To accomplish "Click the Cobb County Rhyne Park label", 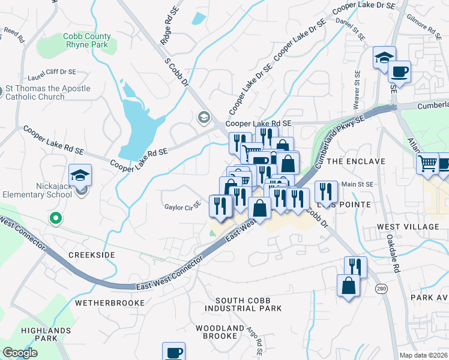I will pyautogui.click(x=87, y=41).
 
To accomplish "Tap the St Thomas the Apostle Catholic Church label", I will pyautogui.click(x=48, y=93).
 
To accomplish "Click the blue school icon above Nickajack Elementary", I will pyautogui.click(x=80, y=175).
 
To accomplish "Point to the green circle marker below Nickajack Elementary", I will pyautogui.click(x=55, y=218).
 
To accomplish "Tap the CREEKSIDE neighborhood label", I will pyautogui.click(x=91, y=255).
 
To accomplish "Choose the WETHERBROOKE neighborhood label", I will pyautogui.click(x=110, y=303).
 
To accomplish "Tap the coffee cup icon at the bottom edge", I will pyautogui.click(x=173, y=352).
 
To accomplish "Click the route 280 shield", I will pyautogui.click(x=381, y=289).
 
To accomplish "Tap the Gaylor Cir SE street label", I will pyautogui.click(x=182, y=207).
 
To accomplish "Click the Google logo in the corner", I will pyautogui.click(x=20, y=353).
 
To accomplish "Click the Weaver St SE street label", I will pyautogui.click(x=357, y=91).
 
